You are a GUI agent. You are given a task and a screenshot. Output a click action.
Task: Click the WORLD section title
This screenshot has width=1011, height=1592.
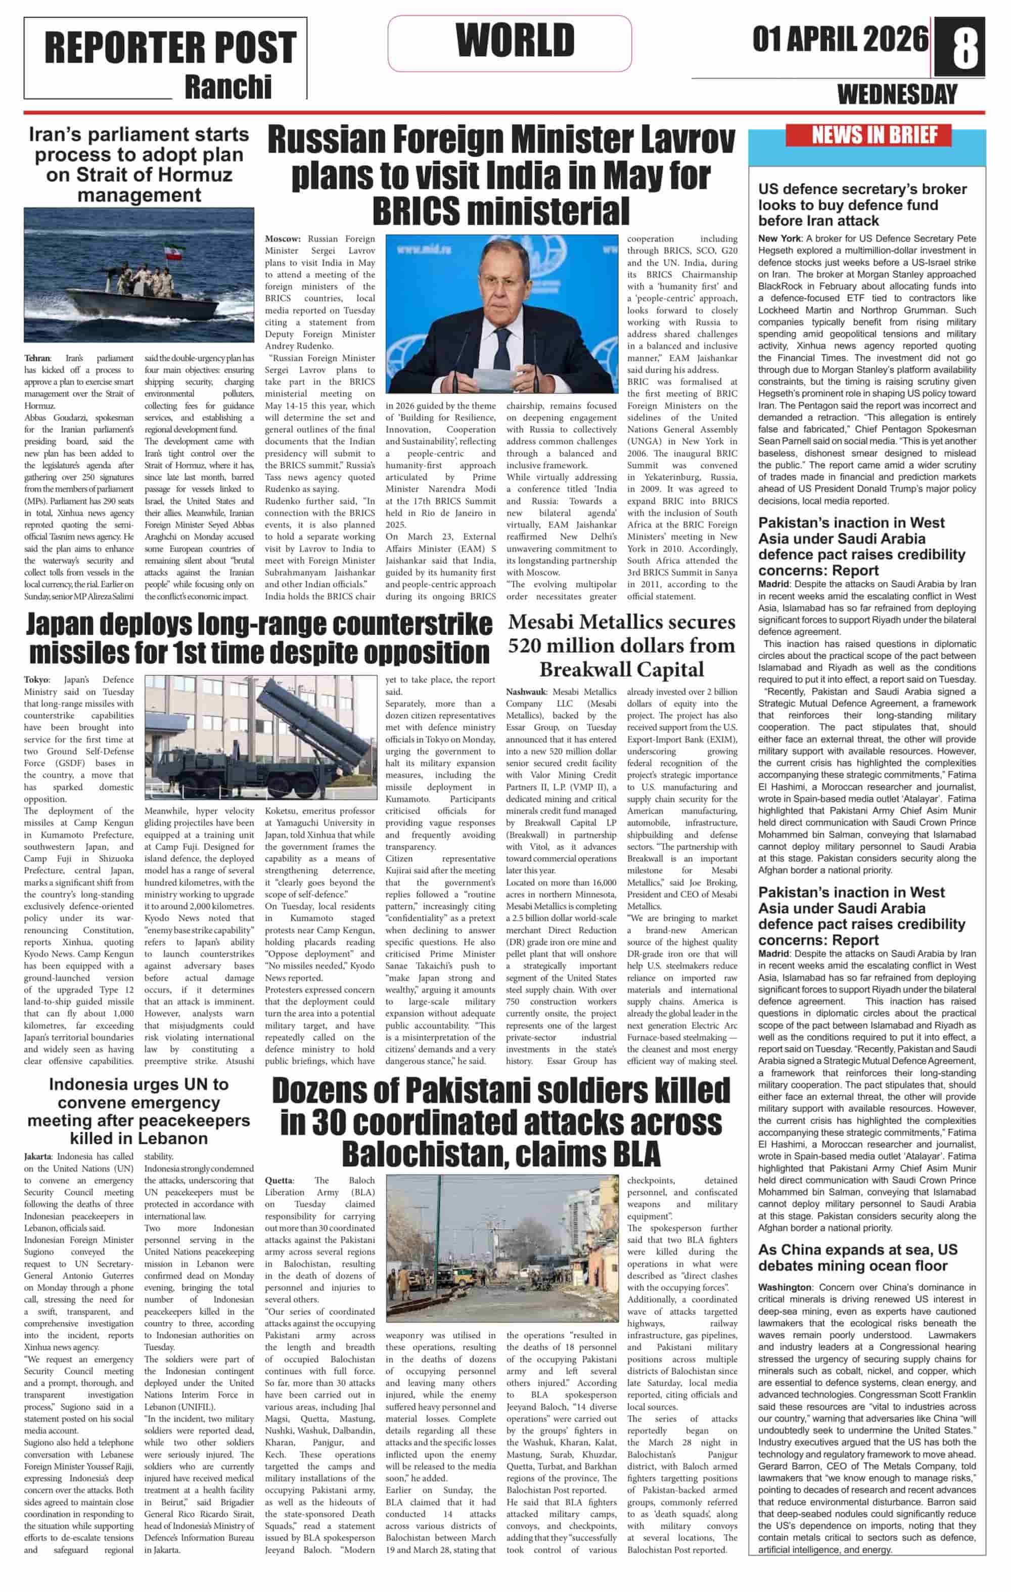click(x=515, y=41)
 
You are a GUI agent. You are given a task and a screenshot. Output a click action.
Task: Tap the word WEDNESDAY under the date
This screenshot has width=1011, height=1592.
click(x=897, y=95)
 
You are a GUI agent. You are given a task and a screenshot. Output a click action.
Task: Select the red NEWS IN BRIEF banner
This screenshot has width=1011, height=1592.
click(x=868, y=135)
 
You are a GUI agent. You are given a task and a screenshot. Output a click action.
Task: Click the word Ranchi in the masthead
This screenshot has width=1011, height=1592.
click(x=228, y=86)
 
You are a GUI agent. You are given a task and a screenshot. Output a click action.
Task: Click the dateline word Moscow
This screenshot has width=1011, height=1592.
click(x=283, y=239)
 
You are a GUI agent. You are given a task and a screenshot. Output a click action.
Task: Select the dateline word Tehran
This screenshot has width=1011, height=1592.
click(x=37, y=358)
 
